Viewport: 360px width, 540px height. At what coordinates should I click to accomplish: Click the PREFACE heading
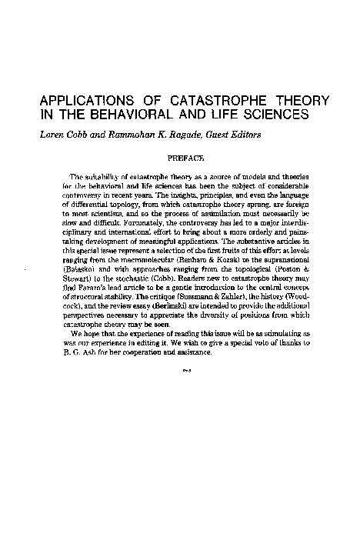[x=185, y=158]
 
